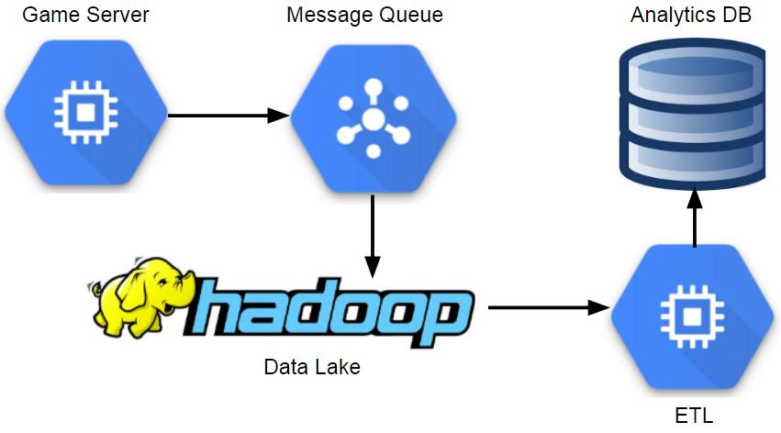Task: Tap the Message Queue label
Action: click(364, 16)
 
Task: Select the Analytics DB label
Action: click(691, 16)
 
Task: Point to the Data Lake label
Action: click(312, 368)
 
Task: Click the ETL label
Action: click(693, 415)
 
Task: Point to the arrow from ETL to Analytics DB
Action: click(694, 216)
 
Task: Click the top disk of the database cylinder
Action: click(691, 66)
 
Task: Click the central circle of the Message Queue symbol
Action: click(372, 117)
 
